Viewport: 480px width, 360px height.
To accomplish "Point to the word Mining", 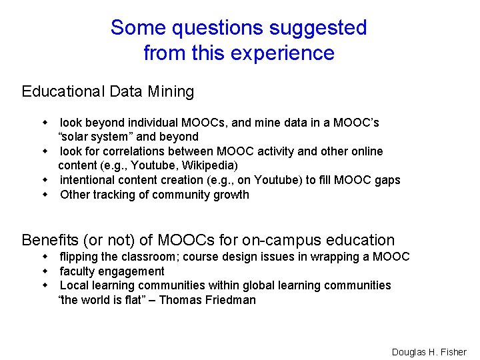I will [171, 92].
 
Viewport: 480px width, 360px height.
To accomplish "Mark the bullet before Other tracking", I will [46, 195].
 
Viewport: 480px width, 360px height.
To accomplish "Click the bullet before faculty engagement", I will [46, 271].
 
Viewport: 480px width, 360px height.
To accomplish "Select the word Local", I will [74, 285].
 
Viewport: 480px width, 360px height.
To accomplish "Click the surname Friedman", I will [231, 299].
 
